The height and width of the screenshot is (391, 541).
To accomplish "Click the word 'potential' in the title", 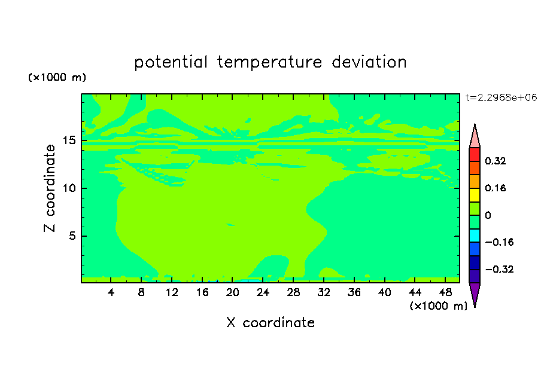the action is pyautogui.click(x=171, y=62).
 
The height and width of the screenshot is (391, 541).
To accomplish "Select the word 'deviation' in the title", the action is pyautogui.click(x=369, y=62).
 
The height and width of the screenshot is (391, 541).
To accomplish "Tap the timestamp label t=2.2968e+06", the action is pyautogui.click(x=501, y=97).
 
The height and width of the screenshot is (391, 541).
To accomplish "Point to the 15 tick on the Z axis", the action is pyautogui.click(x=69, y=140).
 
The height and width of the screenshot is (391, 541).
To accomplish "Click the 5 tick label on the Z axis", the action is pyautogui.click(x=72, y=236).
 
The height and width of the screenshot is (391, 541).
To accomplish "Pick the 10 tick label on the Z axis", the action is pyautogui.click(x=69, y=188).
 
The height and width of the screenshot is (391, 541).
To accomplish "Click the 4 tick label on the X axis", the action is pyautogui.click(x=111, y=292).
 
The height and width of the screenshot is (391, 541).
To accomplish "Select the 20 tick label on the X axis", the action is pyautogui.click(x=232, y=292).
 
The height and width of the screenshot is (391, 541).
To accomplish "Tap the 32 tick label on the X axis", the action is pyautogui.click(x=324, y=292).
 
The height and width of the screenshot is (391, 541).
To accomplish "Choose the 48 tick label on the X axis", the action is pyautogui.click(x=445, y=292).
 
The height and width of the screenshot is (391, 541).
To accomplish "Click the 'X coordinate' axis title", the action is pyautogui.click(x=270, y=322).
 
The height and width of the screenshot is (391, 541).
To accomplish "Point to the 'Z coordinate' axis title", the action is pyautogui.click(x=49, y=188).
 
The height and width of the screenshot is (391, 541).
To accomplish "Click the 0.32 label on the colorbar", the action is pyautogui.click(x=495, y=161).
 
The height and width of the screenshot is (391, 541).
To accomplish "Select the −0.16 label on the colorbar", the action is pyautogui.click(x=499, y=242).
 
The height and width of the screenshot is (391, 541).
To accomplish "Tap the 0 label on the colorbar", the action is pyautogui.click(x=488, y=215).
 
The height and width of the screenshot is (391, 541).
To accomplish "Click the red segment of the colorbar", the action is pyautogui.click(x=475, y=154).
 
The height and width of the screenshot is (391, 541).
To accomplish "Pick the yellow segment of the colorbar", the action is pyautogui.click(x=475, y=195).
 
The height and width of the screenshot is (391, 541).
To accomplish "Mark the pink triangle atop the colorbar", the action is pyautogui.click(x=475, y=138).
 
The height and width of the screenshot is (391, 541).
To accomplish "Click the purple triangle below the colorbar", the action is pyautogui.click(x=475, y=293).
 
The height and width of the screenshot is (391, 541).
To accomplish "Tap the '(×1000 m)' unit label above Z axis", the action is pyautogui.click(x=57, y=77).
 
